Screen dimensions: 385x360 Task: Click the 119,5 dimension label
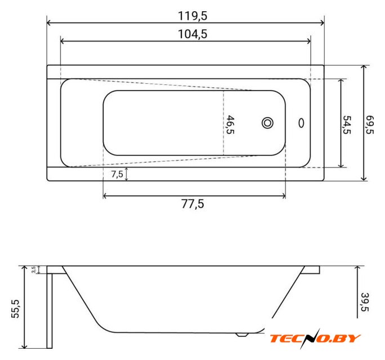[x=192, y=16]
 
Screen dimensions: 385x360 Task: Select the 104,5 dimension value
[x=192, y=34]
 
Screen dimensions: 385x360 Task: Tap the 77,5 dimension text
[x=192, y=204]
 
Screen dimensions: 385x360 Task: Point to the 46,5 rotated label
[x=230, y=125]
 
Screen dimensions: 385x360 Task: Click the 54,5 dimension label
[x=347, y=125]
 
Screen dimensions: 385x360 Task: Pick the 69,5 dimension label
[x=370, y=125]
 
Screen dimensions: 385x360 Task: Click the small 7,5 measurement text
[x=117, y=174]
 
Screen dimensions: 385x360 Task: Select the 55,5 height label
[x=15, y=309]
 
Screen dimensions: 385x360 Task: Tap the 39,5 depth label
[x=365, y=302]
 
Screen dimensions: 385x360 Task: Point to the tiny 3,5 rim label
[x=34, y=269]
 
